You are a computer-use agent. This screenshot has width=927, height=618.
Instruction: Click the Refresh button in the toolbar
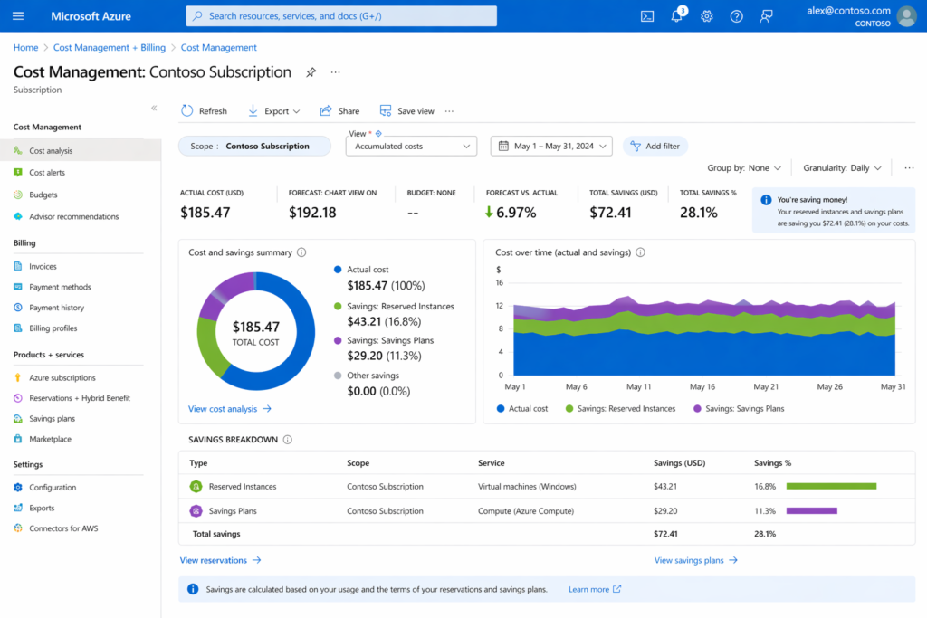tap(204, 111)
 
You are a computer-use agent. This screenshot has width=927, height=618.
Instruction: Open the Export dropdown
tap(274, 111)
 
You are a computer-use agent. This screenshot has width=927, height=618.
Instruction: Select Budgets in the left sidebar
tap(43, 195)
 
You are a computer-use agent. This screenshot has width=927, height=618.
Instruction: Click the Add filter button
tap(655, 146)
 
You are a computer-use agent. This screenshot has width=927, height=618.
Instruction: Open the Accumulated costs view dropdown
tap(411, 146)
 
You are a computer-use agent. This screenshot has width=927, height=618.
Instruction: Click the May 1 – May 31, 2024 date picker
tap(551, 146)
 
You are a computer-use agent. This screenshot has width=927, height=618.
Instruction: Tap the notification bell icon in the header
tap(676, 16)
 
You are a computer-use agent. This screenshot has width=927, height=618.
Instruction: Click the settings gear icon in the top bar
tap(707, 16)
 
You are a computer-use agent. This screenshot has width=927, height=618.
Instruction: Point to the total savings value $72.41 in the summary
tap(609, 213)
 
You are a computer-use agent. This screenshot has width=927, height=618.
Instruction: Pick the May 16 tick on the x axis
tap(702, 386)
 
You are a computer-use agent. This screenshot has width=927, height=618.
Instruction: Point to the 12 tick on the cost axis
tap(500, 306)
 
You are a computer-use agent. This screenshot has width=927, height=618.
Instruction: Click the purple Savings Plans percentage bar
tap(811, 510)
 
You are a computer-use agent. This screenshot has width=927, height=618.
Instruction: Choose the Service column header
tap(491, 463)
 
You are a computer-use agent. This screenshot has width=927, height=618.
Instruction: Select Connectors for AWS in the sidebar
tap(62, 528)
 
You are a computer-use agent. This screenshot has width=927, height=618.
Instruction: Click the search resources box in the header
tap(341, 16)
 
